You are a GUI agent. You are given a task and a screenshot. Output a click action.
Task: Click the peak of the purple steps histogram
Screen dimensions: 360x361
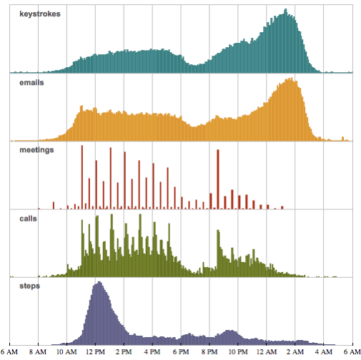pyautogui.click(x=98, y=284)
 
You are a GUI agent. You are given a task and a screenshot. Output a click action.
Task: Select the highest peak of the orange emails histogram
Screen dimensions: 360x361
pyautogui.click(x=290, y=79)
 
